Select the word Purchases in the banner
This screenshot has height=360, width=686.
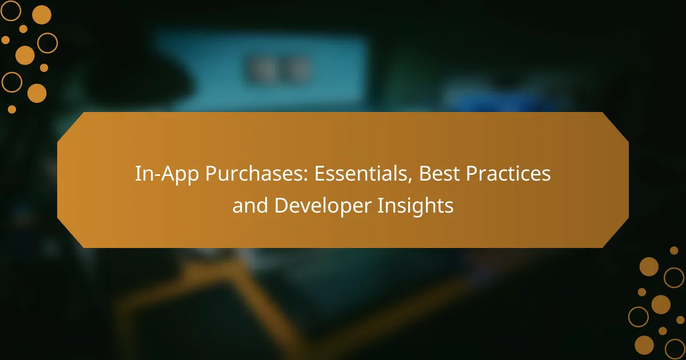(240, 174)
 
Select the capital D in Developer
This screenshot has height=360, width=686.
(280, 206)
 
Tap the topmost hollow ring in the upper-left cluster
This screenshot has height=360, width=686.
(11, 10)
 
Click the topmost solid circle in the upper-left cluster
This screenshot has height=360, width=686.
(41, 15)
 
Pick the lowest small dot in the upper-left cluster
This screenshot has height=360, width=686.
(11, 109)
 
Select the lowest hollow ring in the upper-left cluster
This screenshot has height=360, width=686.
(11, 82)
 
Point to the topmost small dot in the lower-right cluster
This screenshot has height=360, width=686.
(674, 250)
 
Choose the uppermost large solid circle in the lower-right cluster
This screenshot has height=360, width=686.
(649, 266)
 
